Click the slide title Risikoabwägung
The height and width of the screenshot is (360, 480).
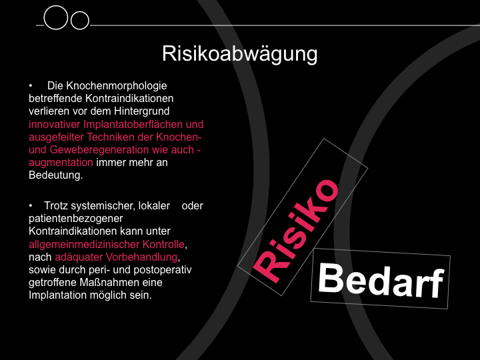coord(240,54)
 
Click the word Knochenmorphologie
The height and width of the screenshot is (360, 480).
coord(116,86)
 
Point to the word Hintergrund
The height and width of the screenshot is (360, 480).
coord(142,111)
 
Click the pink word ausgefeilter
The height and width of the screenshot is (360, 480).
coord(56,137)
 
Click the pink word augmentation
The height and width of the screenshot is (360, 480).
coord(61,163)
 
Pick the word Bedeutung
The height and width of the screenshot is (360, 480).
coord(56,175)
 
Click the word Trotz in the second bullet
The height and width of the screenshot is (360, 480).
coord(56,206)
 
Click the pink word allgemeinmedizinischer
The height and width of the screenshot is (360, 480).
coord(84,244)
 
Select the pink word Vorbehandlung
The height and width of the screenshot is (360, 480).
coord(142,257)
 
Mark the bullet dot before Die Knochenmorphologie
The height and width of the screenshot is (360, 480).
coord(31,86)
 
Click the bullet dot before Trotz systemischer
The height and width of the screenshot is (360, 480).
coord(31,206)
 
